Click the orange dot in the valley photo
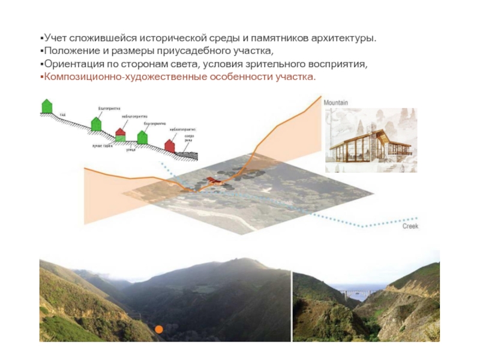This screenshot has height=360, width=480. coord(159,329)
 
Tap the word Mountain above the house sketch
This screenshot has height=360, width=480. coord(337,103)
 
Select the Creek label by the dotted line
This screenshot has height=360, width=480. coord(410,226)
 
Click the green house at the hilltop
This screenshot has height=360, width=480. coord(46,107)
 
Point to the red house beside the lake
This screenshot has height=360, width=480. coord(170,145)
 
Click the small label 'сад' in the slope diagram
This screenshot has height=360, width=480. coord(62,114)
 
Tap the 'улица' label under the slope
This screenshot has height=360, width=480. coord(130,150)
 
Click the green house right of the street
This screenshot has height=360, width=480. coord(142,137)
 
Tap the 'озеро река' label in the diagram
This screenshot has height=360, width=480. coord(189,137)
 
